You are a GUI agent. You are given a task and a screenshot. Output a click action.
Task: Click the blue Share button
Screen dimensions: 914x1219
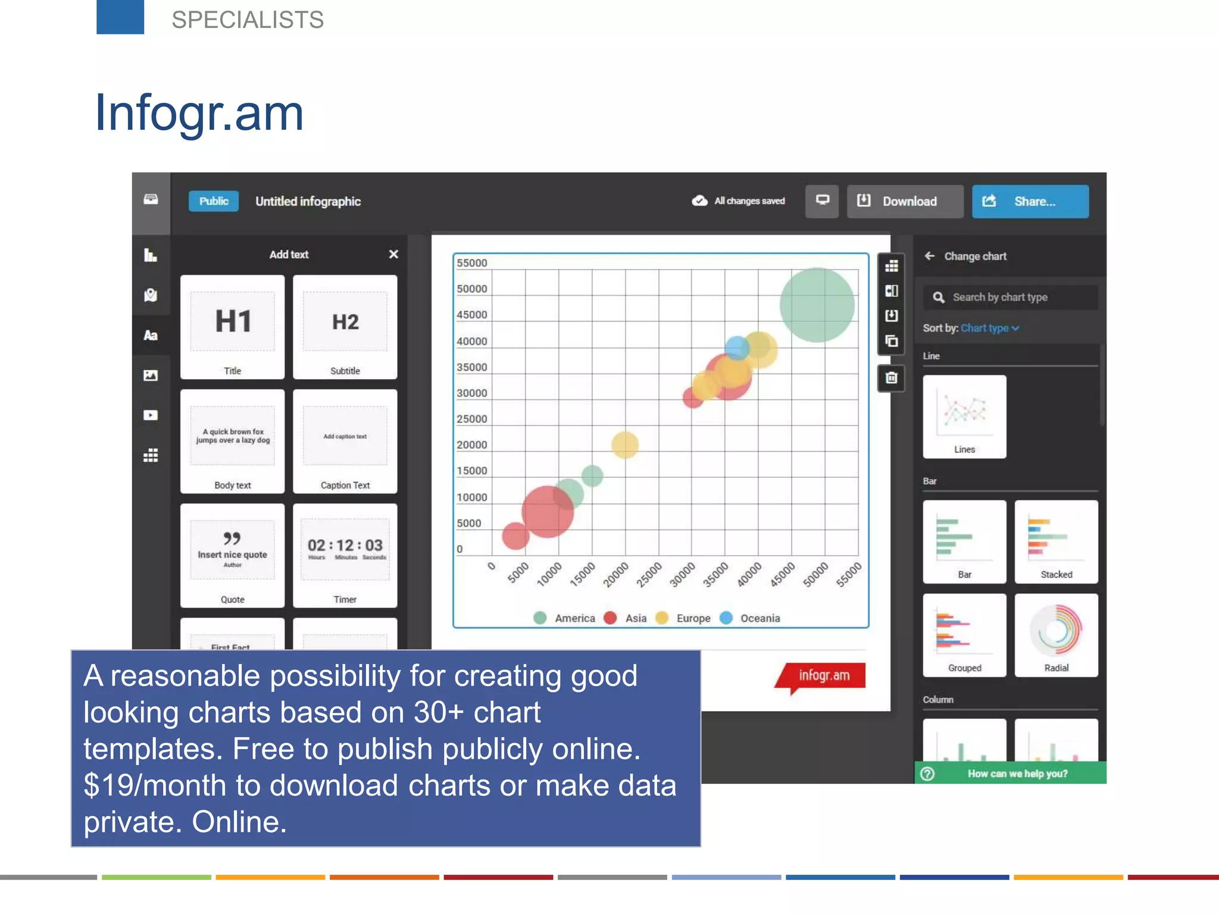1030,202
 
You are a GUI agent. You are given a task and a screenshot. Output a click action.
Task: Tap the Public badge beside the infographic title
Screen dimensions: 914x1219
214,201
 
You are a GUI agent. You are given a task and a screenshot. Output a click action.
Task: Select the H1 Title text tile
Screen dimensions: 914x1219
232,327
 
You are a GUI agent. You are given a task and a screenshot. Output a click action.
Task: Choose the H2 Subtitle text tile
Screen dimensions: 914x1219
345,327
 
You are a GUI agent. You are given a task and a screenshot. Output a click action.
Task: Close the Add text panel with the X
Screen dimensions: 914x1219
393,254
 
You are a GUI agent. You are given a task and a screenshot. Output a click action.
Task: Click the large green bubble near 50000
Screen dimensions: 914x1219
817,305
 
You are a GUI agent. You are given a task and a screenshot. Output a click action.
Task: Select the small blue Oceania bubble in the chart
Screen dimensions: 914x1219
737,348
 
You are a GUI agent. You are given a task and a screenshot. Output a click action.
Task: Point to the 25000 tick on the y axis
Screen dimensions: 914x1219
472,419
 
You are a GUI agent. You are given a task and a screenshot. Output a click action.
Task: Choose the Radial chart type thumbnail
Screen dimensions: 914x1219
1056,635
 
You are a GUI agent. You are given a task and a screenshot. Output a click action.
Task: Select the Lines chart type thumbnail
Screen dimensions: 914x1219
964,417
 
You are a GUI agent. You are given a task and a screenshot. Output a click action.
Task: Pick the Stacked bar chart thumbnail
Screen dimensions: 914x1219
1056,541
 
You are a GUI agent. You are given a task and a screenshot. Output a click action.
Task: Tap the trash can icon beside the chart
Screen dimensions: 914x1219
891,378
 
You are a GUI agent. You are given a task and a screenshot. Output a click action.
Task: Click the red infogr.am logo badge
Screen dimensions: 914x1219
823,676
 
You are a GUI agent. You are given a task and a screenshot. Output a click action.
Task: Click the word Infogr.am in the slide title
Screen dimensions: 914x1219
199,113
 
